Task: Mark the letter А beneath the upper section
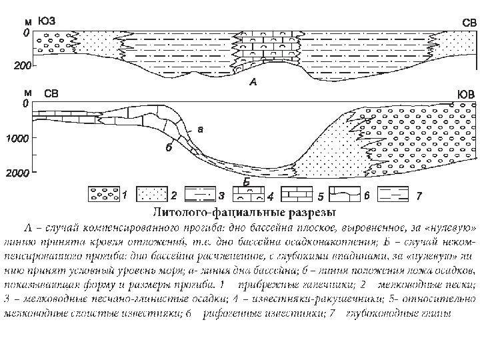point(252,83)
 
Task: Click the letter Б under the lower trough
point(246,181)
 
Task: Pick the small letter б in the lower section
point(169,147)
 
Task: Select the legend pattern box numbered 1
point(104,195)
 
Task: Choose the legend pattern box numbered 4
point(247,195)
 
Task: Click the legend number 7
point(418,196)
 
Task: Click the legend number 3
point(221,196)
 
